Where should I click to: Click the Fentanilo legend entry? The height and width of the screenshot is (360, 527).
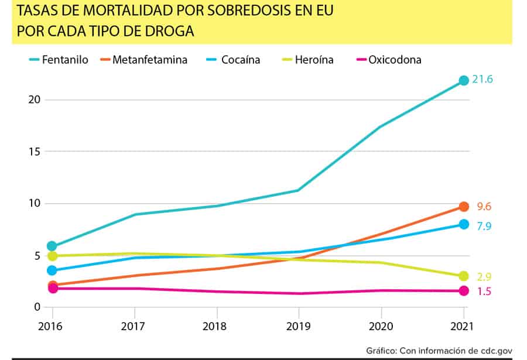click(59, 60)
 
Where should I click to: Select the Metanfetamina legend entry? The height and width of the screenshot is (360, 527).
click(144, 60)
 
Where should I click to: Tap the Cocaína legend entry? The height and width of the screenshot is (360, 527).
click(233, 60)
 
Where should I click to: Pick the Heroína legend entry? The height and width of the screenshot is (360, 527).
click(307, 60)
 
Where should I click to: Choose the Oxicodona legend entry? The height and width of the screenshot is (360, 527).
click(389, 60)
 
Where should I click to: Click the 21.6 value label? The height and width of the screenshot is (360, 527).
click(482, 79)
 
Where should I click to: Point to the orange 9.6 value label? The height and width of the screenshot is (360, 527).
click(484, 207)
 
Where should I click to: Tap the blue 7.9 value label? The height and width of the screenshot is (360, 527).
click(484, 226)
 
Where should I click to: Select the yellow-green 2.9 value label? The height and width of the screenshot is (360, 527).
click(484, 277)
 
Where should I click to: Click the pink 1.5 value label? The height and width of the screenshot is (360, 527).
click(484, 291)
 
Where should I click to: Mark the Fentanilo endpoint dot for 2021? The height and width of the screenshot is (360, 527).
click(464, 80)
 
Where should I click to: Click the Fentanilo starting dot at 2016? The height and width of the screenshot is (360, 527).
click(52, 246)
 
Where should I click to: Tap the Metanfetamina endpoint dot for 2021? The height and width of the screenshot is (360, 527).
click(464, 207)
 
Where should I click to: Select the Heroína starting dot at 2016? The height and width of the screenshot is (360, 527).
click(53, 256)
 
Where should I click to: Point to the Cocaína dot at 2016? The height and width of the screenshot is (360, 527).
click(52, 270)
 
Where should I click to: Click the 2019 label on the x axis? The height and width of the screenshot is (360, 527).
click(298, 326)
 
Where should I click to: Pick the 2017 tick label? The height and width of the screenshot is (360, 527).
click(133, 326)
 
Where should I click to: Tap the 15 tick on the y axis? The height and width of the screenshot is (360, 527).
click(35, 152)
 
